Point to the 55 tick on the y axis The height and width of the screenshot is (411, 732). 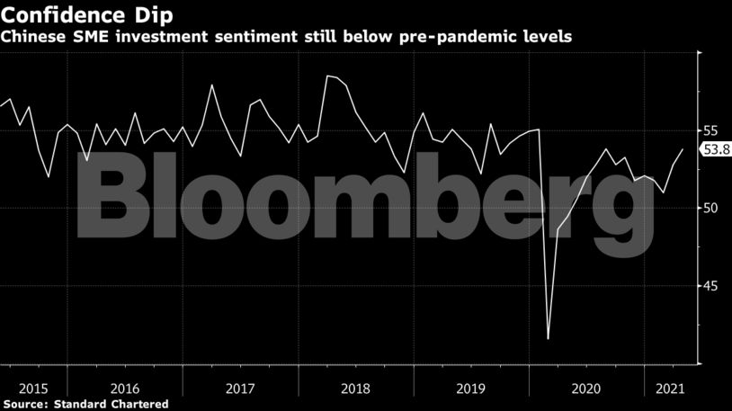click(710, 130)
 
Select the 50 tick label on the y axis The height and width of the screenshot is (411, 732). click(710, 208)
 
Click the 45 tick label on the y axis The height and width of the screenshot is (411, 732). click(710, 286)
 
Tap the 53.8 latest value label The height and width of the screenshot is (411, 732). click(715, 150)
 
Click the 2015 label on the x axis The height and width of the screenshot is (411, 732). click(32, 389)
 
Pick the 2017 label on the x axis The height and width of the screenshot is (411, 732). click(240, 389)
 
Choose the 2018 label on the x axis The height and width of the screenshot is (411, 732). click(357, 389)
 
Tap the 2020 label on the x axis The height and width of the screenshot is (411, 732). click(585, 389)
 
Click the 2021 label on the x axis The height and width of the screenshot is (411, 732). click(667, 389)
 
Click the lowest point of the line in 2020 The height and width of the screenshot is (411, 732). click(548, 339)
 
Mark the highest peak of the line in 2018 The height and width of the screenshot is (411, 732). click(327, 76)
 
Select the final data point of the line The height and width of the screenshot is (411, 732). click(683, 149)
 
